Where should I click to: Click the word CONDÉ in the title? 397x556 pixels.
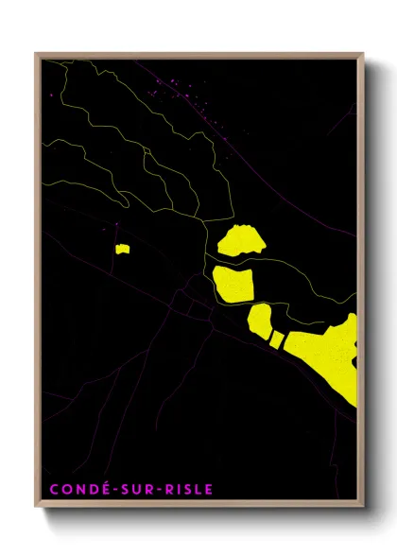point(76,489)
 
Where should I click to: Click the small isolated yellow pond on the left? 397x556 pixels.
point(122,249)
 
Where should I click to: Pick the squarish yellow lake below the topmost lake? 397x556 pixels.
point(233,284)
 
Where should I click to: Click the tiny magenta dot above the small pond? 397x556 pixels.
point(116,224)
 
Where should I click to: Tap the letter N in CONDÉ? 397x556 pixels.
point(76,489)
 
